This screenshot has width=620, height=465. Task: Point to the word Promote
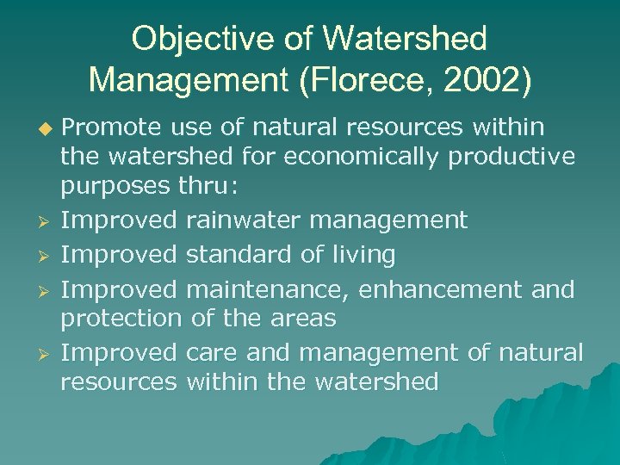click(x=113, y=127)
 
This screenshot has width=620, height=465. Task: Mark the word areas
click(x=304, y=318)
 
